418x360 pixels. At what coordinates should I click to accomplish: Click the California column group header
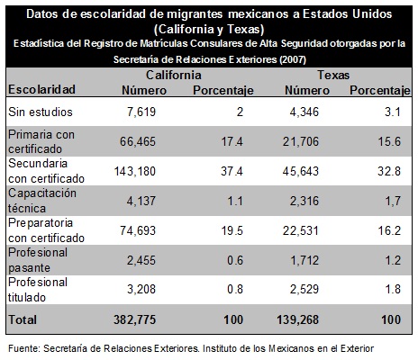tap(174, 75)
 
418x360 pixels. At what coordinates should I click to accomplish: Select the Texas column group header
tap(333, 75)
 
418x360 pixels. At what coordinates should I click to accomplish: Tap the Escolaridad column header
tap(41, 89)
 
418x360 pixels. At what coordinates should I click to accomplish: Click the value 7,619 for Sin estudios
tap(141, 112)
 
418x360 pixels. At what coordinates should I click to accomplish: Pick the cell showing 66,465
tap(138, 141)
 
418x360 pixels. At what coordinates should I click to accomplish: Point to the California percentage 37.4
tap(232, 171)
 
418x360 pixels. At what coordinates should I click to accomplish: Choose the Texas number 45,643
tap(301, 171)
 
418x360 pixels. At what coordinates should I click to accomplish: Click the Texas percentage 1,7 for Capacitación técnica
tap(393, 201)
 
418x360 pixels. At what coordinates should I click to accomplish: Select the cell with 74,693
tap(138, 230)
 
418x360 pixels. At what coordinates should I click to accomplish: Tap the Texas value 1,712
tap(304, 260)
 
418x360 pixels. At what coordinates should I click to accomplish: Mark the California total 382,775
tap(134, 319)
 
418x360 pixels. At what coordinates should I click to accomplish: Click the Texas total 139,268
tap(297, 319)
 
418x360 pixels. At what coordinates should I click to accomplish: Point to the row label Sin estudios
tap(41, 112)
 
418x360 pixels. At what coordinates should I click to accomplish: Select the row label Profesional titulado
tap(38, 290)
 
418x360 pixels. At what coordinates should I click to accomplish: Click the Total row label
tap(23, 319)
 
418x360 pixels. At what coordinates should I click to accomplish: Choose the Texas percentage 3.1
tap(393, 112)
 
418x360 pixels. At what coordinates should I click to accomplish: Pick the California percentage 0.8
tap(235, 289)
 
